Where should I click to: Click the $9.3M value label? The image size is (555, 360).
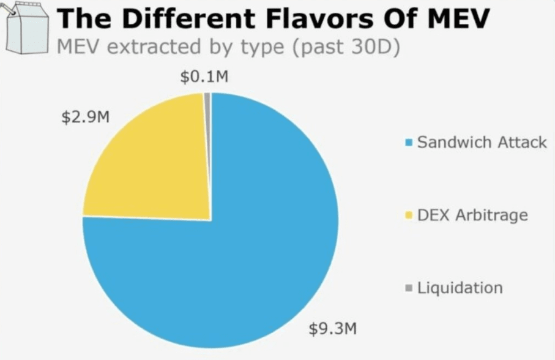point(332,329)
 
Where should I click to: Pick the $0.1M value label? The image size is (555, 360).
point(204,77)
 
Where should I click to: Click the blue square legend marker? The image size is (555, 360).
point(409,143)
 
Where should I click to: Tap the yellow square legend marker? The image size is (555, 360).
point(409,216)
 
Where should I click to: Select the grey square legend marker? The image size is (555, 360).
point(409,288)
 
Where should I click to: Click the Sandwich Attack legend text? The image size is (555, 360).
point(482,143)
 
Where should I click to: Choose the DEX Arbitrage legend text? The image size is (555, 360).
point(472,216)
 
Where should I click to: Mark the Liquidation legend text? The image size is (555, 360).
point(460,288)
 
